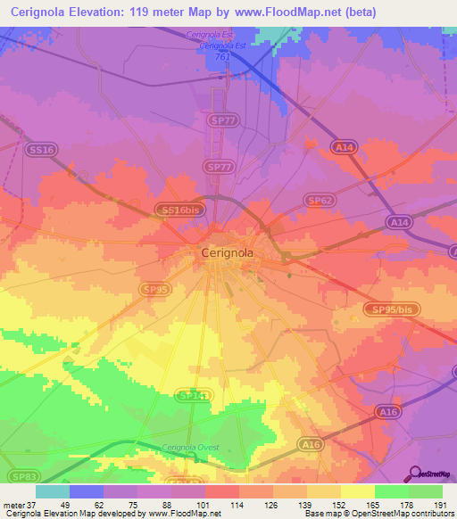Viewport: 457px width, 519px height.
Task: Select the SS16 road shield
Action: pos(41,150)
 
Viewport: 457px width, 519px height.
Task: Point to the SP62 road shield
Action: pos(319,202)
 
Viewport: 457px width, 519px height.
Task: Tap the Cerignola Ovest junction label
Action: pos(189,448)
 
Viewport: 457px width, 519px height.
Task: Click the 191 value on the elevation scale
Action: pos(439,504)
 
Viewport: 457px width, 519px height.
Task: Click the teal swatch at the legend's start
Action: pos(53,491)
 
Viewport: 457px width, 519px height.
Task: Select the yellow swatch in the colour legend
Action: pos(357,491)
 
